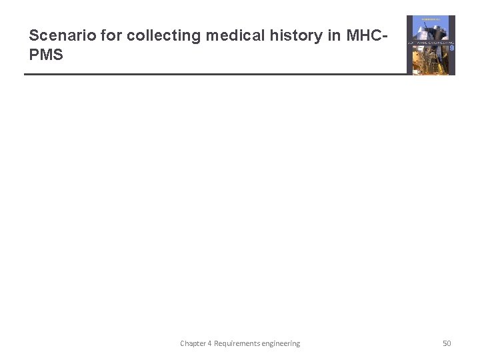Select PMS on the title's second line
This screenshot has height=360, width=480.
click(46, 55)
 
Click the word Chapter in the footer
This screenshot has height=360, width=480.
click(194, 343)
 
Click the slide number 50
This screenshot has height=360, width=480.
click(447, 343)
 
